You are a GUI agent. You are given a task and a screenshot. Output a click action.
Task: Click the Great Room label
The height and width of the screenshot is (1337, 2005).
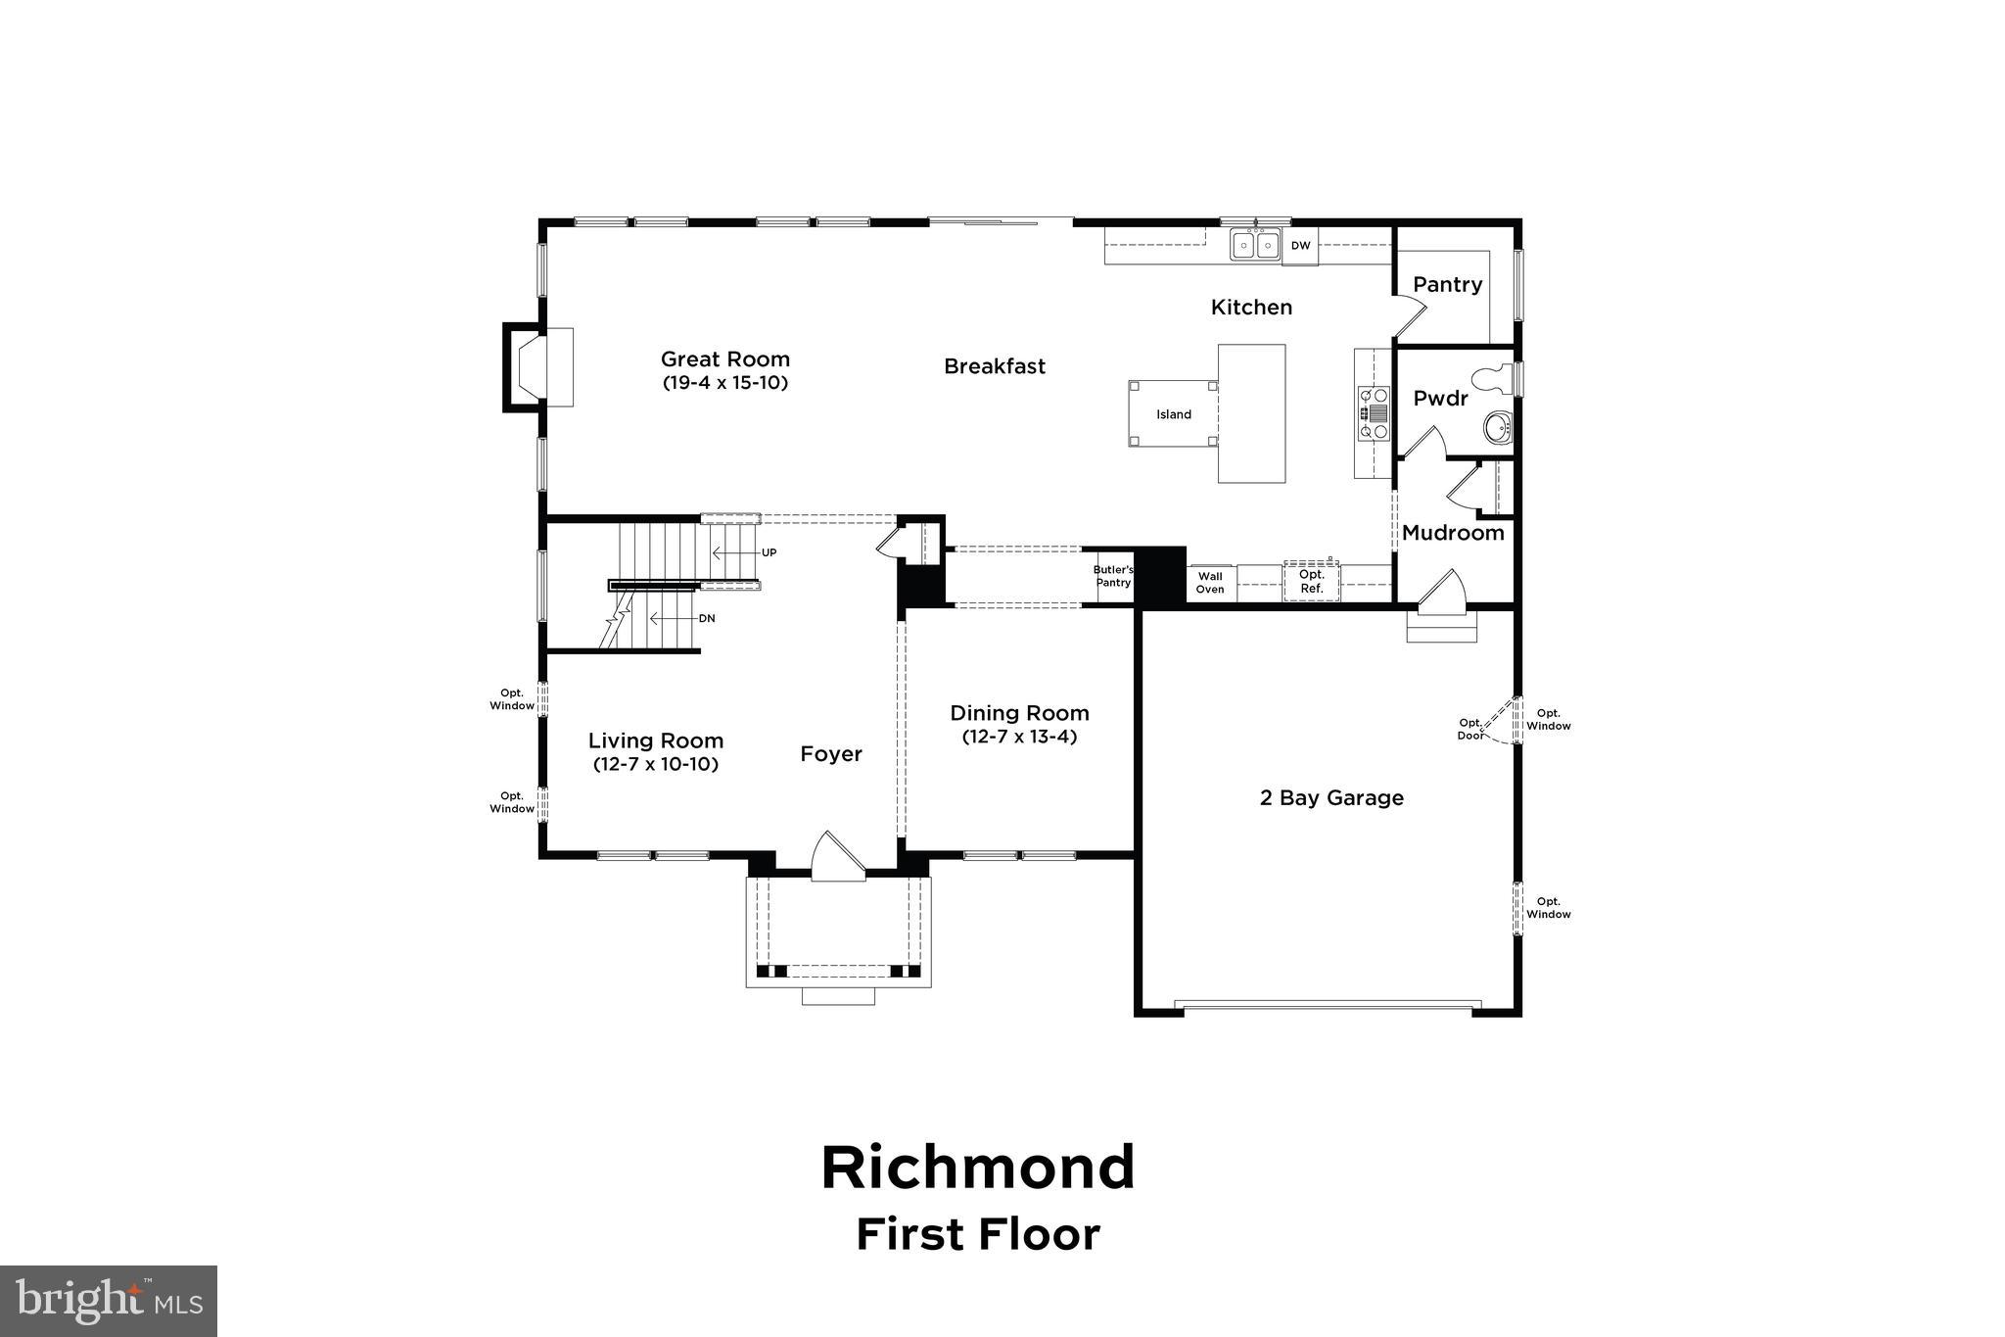point(724,359)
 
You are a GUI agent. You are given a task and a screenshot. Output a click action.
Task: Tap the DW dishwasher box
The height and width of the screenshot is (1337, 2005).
point(1300,246)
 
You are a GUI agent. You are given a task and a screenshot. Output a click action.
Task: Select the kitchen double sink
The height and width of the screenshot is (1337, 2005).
point(1255,244)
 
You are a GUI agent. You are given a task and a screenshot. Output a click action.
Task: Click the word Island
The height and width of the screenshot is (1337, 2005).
point(1174,414)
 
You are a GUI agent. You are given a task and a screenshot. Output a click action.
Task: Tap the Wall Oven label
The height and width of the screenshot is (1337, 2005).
point(1210,583)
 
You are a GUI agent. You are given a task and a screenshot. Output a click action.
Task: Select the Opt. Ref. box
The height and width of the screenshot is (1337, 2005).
point(1312,582)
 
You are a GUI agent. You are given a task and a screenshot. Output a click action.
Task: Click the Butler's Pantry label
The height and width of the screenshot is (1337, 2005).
point(1113,576)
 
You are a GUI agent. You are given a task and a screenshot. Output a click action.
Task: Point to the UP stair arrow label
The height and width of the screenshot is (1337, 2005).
point(769,552)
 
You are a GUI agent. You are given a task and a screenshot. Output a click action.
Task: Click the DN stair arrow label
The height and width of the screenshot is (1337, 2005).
point(707,619)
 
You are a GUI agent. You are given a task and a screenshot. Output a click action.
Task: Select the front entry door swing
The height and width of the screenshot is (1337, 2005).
point(838,858)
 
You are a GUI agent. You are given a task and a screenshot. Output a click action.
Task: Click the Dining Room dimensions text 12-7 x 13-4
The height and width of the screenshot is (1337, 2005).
point(1019,737)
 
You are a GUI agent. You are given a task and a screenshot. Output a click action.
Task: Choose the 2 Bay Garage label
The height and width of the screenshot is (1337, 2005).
point(1331,797)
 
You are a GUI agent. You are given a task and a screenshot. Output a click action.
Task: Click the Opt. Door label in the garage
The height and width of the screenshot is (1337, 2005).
point(1470,729)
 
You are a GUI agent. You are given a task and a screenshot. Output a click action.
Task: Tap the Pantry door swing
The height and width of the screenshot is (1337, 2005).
point(1411,310)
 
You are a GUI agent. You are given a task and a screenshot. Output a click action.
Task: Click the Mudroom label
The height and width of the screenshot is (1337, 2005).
point(1453,533)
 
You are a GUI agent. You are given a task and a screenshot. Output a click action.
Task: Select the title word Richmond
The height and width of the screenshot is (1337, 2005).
point(978,1168)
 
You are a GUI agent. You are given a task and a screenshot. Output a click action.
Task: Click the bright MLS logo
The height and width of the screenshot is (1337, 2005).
point(109,1301)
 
